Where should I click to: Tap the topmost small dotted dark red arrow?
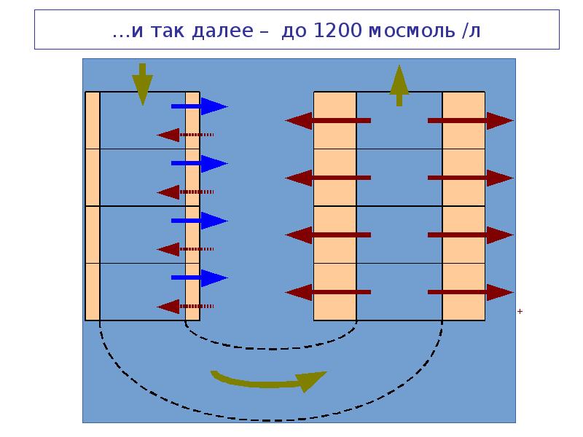click(185, 135)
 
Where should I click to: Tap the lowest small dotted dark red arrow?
click(185, 306)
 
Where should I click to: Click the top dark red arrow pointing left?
click(327, 120)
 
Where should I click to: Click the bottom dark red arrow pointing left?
click(327, 292)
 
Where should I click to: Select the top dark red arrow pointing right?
click(471, 120)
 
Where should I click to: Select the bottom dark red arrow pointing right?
click(471, 292)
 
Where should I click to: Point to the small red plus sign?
click(520, 311)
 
